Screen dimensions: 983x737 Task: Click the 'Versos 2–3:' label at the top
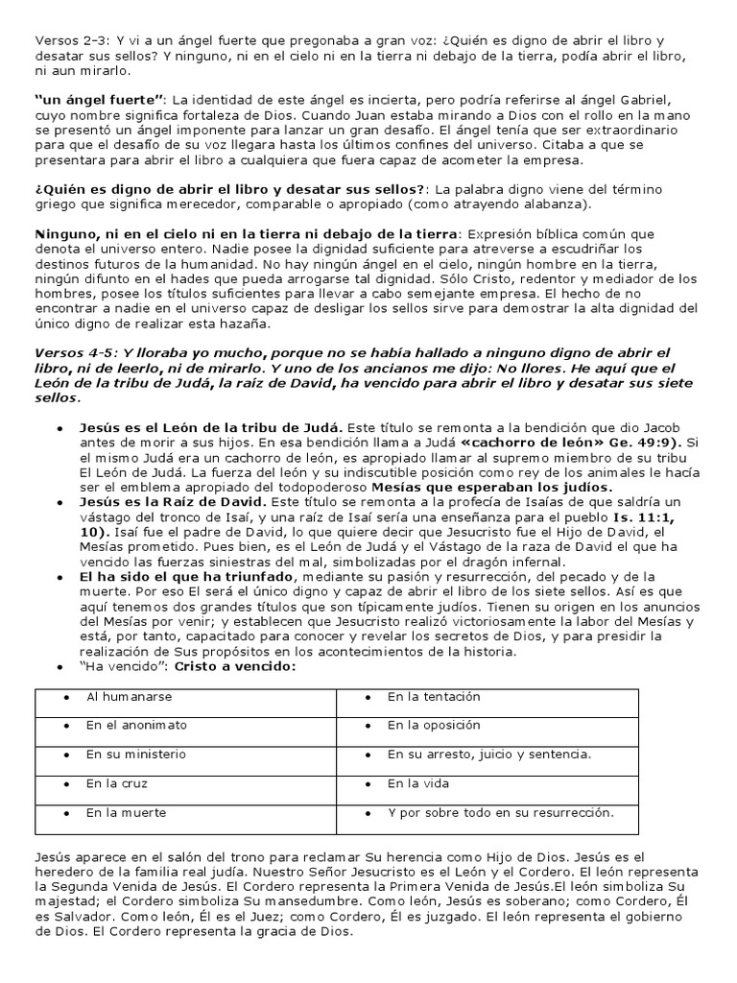click(71, 41)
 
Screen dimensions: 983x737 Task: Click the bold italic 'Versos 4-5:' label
click(75, 353)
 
